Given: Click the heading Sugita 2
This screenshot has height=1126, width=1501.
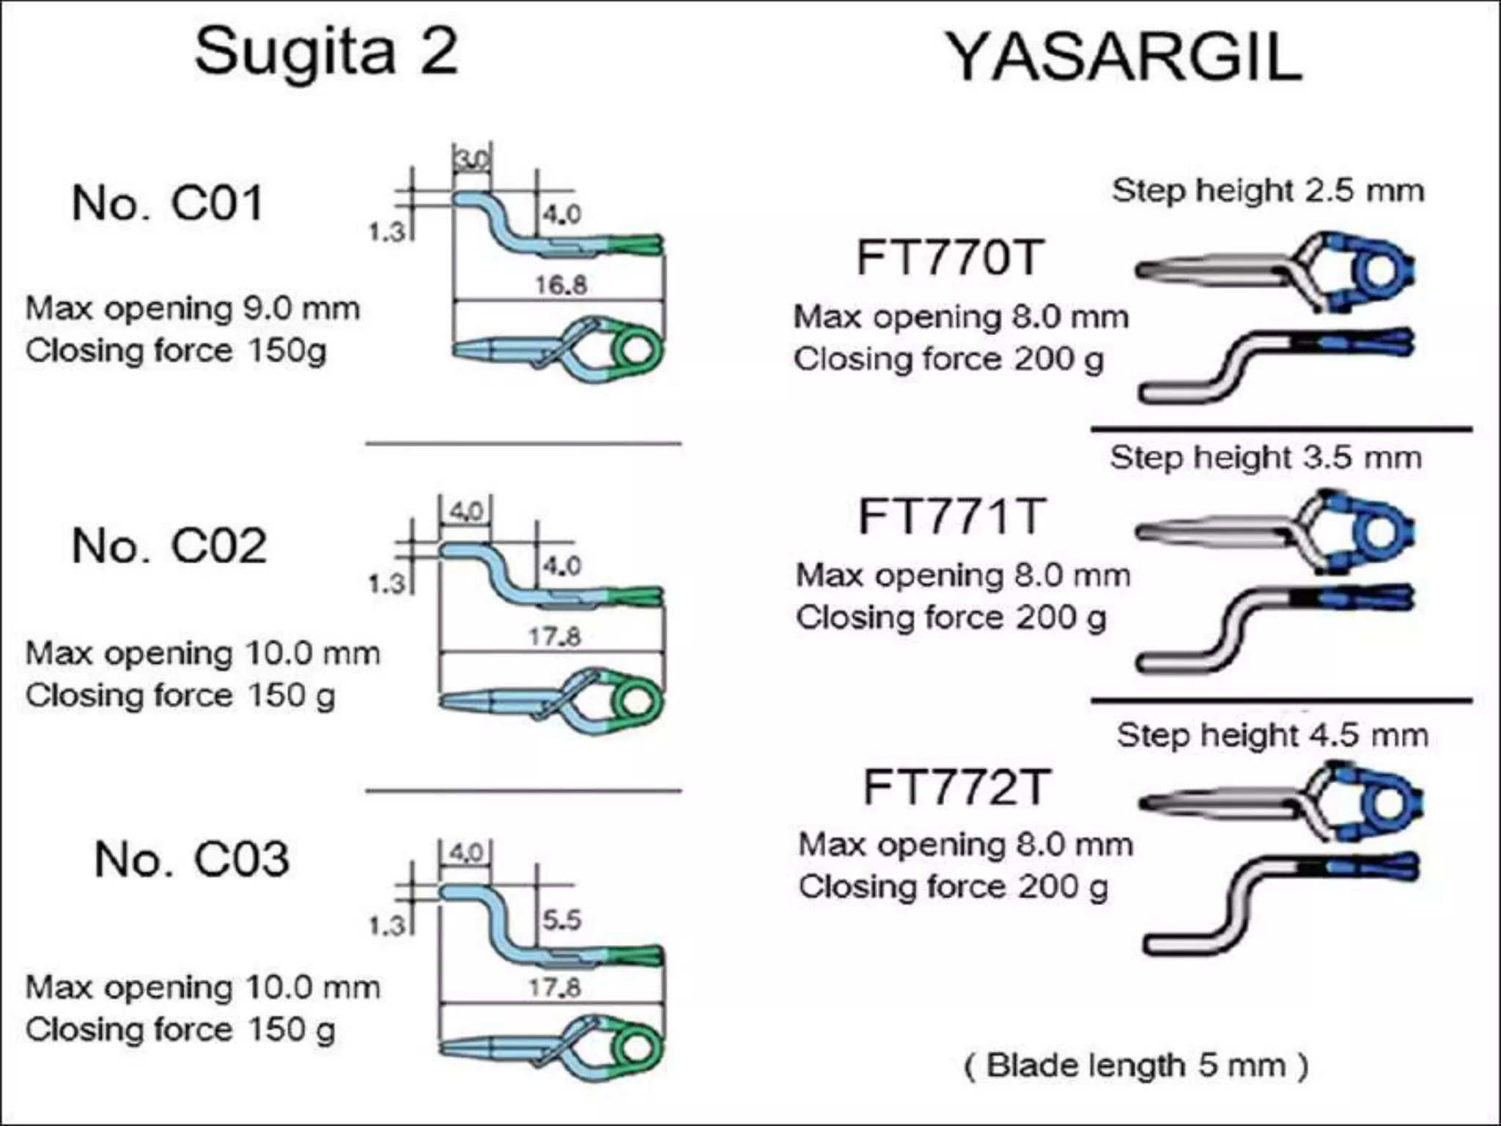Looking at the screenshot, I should pos(326,51).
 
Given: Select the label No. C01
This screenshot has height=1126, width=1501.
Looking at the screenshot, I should pos(167,203).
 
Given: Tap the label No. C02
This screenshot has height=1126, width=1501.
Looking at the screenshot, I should pos(169,546).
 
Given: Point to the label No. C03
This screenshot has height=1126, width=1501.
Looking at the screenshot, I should pos(192,859).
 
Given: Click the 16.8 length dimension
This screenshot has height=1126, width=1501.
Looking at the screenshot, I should pos(561,284).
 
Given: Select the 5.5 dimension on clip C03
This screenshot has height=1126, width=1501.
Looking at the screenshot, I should pos(561,919).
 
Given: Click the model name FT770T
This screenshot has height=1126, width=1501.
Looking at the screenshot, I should pos(949,258).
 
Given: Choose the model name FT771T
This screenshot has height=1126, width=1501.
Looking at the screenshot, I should pos(951,517).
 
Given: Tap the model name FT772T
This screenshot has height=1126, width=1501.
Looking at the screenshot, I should pos(956,788).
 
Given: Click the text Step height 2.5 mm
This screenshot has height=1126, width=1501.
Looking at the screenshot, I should pos(1268,191).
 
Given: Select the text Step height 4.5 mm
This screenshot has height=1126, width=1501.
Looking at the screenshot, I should pos(1272,735).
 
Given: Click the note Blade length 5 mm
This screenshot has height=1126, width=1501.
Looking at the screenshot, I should pos(1136,1065).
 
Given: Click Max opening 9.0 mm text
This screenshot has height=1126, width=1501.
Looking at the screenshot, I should pos(193,309).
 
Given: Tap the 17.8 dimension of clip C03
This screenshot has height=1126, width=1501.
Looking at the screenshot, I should pos(555,987).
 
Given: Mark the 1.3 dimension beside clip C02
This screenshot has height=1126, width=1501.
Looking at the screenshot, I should pos(386,584).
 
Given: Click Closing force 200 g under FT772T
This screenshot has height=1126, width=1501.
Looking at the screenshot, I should pos(953,887).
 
